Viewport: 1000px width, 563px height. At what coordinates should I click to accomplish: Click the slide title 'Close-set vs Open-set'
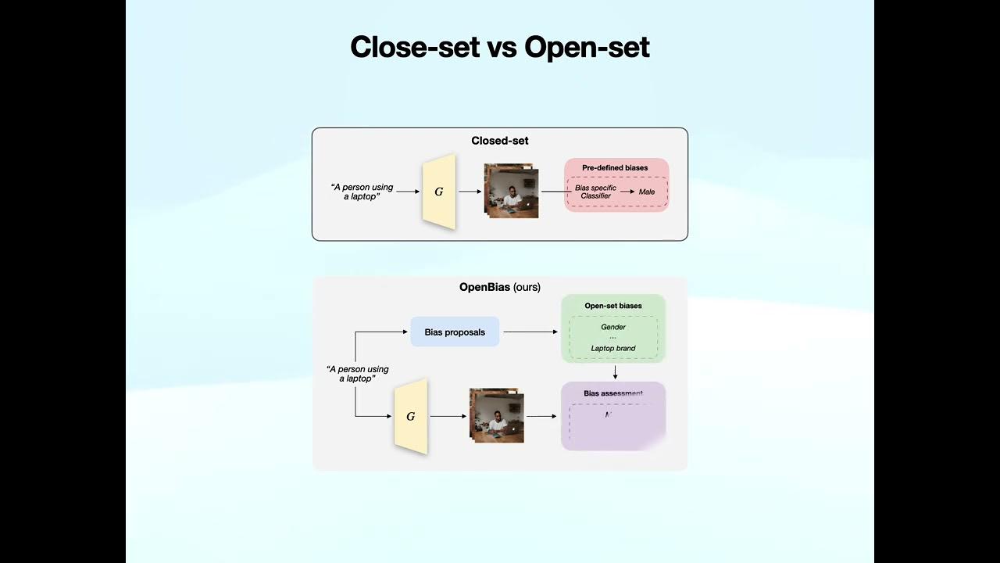[499, 47]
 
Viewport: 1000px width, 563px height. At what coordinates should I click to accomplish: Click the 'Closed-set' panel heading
[499, 141]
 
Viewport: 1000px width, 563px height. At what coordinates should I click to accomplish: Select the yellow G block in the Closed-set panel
[438, 192]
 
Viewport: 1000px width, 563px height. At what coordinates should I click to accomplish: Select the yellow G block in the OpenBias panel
[411, 416]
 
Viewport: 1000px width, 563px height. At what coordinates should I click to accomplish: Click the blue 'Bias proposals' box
[455, 332]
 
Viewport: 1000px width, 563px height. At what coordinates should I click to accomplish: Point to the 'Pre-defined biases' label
[615, 168]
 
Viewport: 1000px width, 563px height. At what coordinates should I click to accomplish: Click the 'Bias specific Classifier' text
[595, 192]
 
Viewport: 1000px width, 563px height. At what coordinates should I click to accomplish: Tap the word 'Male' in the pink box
[647, 192]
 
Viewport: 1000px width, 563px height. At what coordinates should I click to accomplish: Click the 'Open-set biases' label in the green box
[613, 306]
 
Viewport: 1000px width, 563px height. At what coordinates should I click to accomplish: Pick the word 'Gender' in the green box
[613, 327]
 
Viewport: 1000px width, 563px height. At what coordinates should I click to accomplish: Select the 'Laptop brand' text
[613, 348]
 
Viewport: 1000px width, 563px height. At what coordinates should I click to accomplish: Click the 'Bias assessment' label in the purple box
[613, 393]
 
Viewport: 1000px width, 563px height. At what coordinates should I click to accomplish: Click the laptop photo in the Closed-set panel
[512, 191]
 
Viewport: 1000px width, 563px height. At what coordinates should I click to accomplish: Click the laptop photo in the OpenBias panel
[497, 416]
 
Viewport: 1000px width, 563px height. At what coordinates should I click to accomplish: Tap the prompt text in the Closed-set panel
[362, 192]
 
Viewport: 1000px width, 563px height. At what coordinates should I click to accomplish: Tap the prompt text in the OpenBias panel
[357, 374]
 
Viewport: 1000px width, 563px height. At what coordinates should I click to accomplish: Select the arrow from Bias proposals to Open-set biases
[530, 332]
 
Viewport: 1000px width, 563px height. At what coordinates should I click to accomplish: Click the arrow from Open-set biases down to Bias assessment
[615, 372]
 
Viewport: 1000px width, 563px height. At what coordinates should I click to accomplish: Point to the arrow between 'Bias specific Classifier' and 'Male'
[627, 192]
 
